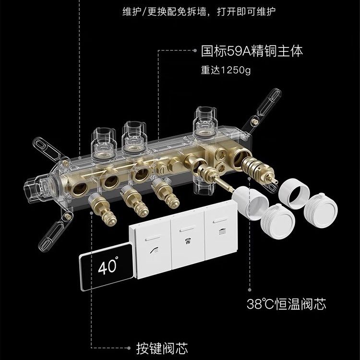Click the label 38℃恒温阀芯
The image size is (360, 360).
click(x=287, y=303)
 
